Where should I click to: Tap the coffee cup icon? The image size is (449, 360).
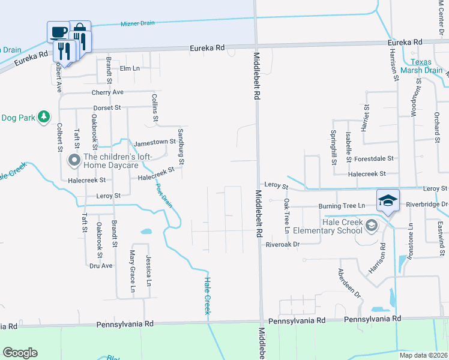(x=58, y=32)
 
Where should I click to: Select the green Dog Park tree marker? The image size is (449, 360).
(x=43, y=117)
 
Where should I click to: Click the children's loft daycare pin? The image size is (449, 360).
(x=74, y=160)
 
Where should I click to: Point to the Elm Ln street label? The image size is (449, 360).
(x=130, y=68)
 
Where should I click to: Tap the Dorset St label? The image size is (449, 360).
(x=107, y=108)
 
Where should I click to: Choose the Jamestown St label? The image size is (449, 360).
(x=154, y=143)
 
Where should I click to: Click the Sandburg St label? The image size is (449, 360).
(x=180, y=145)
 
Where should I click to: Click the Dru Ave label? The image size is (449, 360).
(x=101, y=265)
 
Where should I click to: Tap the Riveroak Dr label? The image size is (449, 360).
(x=282, y=244)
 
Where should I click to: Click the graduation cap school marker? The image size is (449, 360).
(x=387, y=200)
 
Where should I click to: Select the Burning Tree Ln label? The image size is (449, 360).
(x=342, y=206)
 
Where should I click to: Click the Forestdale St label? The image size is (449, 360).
(x=373, y=159)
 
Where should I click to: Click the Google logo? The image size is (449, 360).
(x=20, y=353)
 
